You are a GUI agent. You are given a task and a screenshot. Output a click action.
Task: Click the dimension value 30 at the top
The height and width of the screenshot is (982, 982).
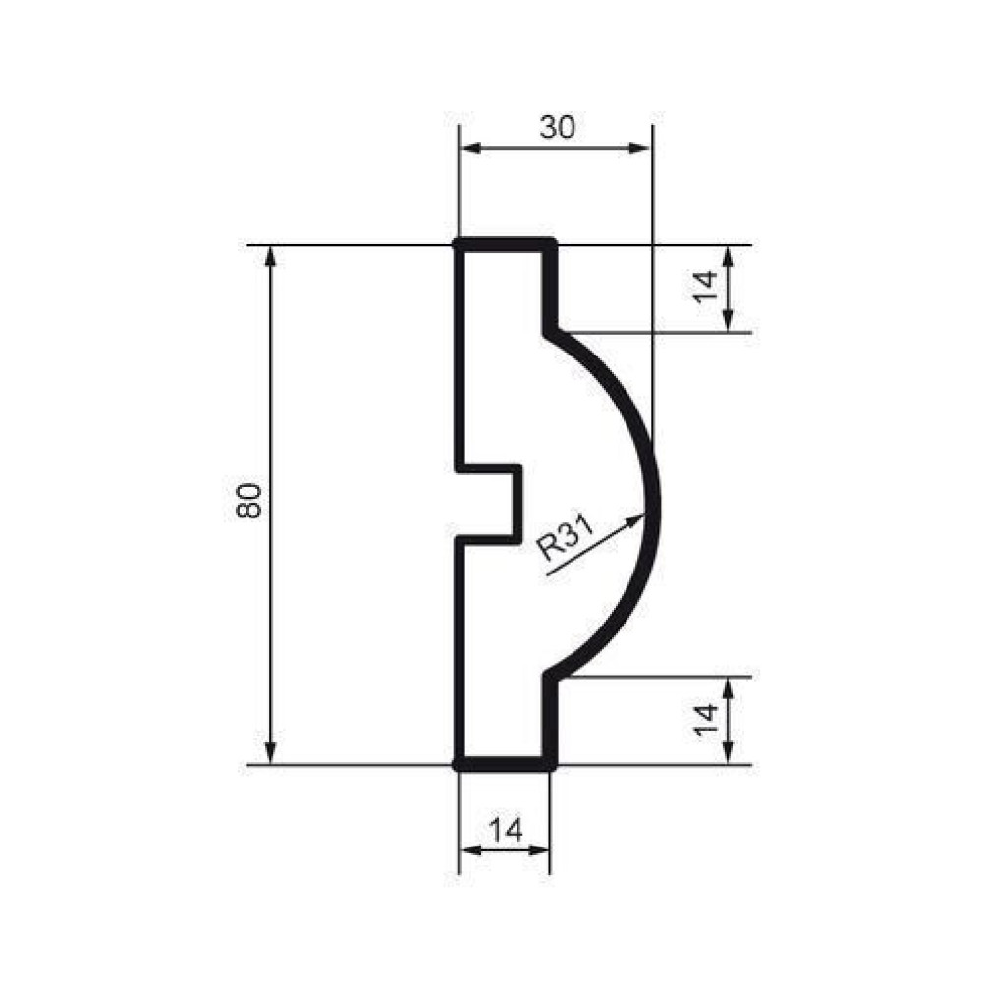557,128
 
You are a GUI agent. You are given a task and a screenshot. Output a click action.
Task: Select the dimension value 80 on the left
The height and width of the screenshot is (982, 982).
248,501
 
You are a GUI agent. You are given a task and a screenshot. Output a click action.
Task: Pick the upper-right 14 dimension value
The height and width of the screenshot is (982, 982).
705,286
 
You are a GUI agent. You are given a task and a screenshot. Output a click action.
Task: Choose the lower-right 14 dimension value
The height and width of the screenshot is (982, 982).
705,720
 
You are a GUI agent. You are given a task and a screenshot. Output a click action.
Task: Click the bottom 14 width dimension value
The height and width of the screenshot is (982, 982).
505,831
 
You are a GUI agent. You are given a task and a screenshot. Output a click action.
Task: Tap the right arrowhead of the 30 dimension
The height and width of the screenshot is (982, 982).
640,149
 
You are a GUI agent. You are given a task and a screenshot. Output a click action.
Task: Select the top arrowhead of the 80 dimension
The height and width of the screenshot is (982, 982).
271,256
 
